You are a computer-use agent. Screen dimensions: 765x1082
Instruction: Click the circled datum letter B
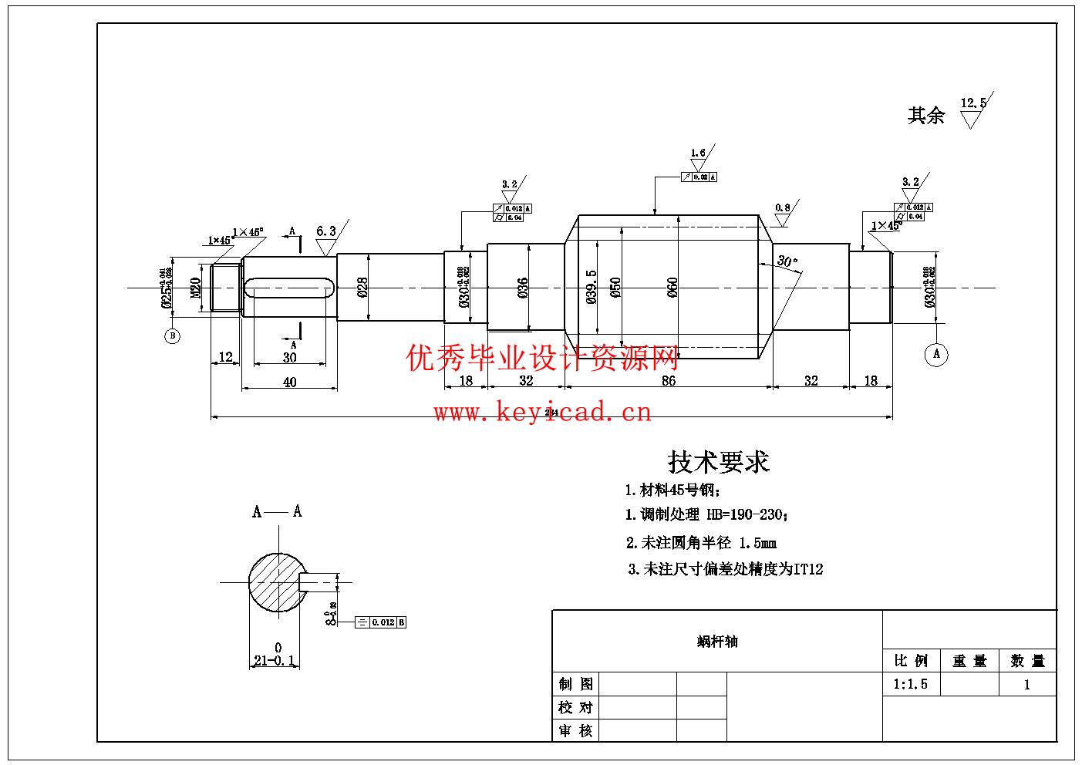(172, 336)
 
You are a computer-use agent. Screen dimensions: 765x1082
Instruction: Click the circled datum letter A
(936, 354)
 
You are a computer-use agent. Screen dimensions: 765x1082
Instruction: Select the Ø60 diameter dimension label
(672, 288)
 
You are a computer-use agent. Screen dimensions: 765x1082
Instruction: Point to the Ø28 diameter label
(362, 287)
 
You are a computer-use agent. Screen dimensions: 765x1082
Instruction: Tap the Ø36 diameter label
(522, 288)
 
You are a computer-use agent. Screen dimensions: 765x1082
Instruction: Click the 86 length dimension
(668, 380)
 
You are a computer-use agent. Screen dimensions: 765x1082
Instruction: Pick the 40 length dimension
(289, 382)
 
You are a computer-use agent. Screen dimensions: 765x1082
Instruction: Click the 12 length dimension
(225, 357)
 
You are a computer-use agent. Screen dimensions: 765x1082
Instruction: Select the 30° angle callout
(787, 261)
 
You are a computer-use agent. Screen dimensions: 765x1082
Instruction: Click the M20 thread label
(196, 288)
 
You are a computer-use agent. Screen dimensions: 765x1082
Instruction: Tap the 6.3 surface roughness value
(326, 231)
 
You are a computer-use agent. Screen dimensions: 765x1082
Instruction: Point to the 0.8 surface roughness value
(782, 207)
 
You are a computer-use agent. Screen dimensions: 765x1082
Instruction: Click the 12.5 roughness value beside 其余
(973, 103)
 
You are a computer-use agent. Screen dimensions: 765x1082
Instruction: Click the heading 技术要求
(718, 462)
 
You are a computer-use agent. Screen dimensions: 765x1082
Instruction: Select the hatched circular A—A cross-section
(274, 582)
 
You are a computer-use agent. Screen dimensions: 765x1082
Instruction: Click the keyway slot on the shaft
(289, 288)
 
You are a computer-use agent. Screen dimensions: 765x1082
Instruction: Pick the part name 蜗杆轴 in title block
(717, 642)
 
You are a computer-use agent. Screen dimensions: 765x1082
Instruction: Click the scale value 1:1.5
(910, 684)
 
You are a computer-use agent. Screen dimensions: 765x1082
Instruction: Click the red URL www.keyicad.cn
(542, 413)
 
